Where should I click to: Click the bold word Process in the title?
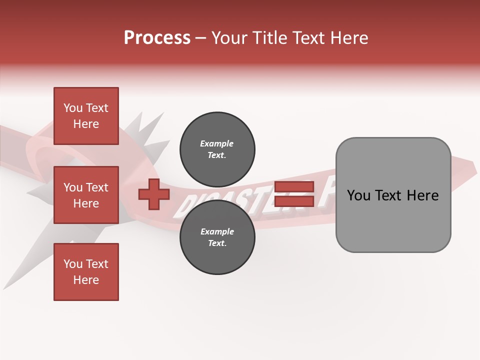click(x=157, y=38)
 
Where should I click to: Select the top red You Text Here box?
click(x=86, y=116)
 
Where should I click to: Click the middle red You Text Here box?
click(x=86, y=195)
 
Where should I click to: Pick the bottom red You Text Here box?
click(x=86, y=272)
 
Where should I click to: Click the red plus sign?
click(x=153, y=194)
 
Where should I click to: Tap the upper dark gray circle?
click(x=217, y=149)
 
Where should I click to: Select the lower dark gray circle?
click(x=217, y=237)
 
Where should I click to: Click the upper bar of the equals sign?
click(x=294, y=186)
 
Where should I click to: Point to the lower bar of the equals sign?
click(x=294, y=201)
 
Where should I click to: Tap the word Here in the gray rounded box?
click(x=422, y=195)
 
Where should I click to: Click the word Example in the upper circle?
click(x=216, y=143)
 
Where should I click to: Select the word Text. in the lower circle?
click(x=217, y=243)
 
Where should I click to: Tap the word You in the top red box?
click(x=73, y=108)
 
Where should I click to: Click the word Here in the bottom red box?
click(x=86, y=280)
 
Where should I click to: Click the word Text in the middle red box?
click(x=97, y=187)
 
